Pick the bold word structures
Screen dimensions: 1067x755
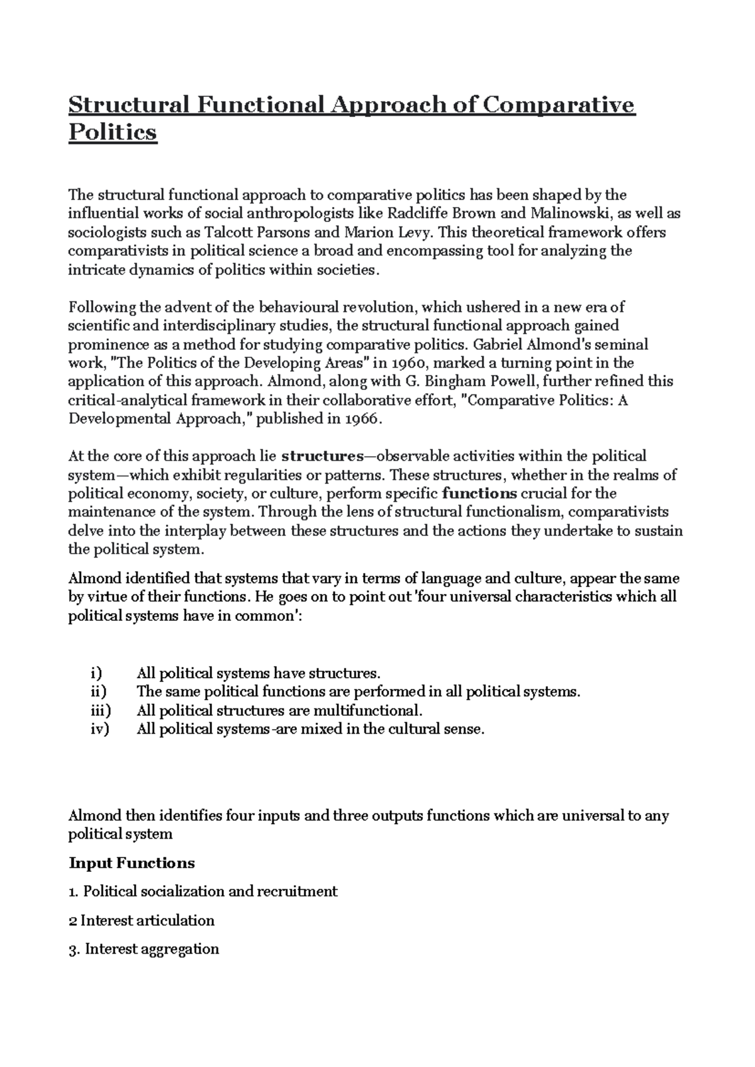322,456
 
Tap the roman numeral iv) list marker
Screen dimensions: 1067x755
96,730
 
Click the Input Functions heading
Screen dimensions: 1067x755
131,863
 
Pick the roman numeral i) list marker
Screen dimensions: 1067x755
95,674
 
